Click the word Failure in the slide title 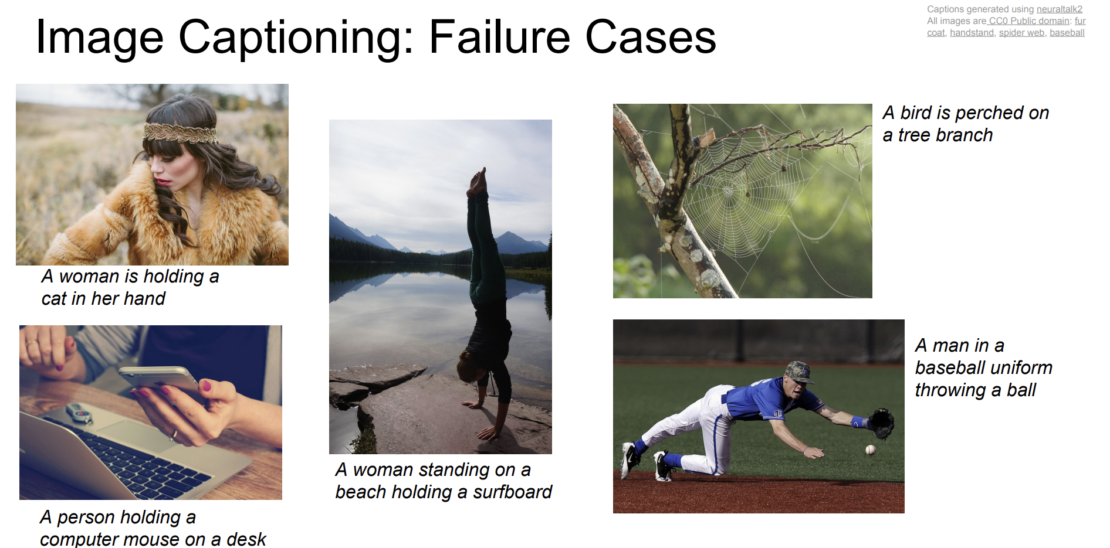[500, 37]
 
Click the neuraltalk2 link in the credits [1060, 9]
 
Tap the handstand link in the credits [972, 32]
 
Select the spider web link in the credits [1021, 32]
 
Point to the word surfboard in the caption [512, 492]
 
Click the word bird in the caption [916, 113]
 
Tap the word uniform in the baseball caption [1021, 367]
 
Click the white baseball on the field [871, 450]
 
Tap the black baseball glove [881, 423]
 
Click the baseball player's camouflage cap [800, 371]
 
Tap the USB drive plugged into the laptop [79, 413]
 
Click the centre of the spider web [728, 191]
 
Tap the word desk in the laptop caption [246, 539]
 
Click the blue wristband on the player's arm [858, 422]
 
